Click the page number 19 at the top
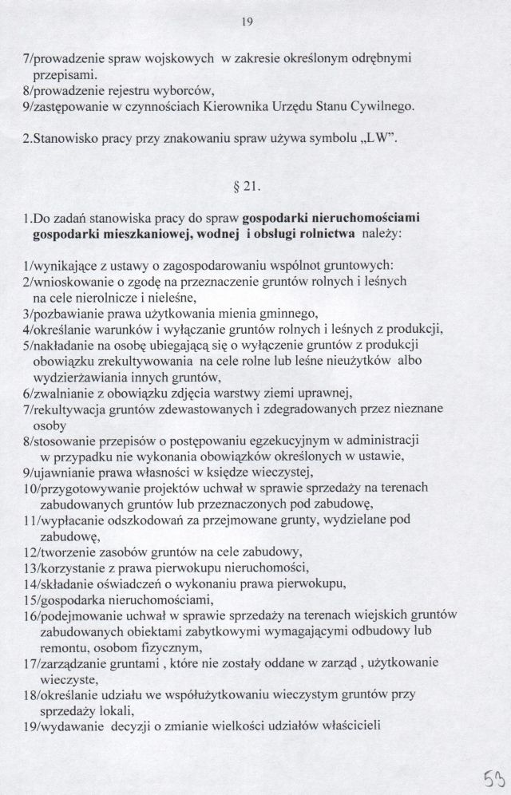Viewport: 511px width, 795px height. click(x=247, y=22)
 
